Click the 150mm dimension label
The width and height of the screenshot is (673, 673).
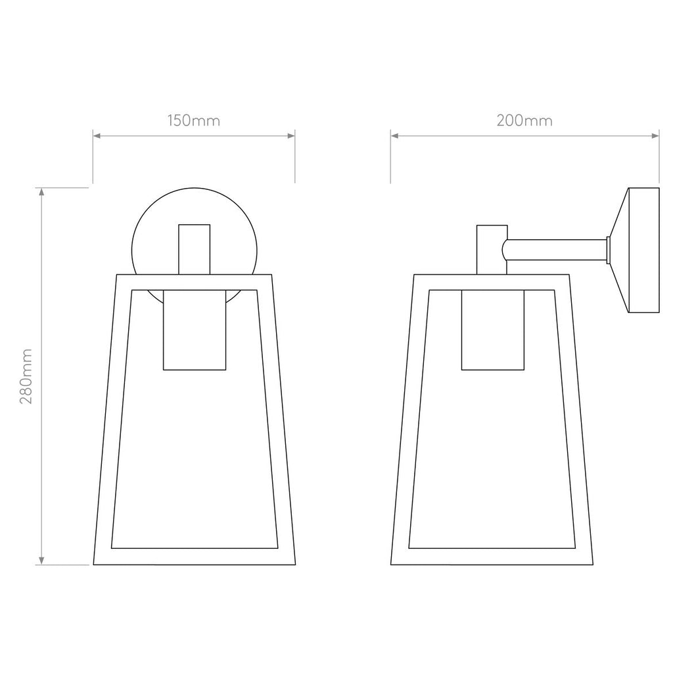coord(193,121)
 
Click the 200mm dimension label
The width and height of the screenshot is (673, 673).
coord(524,121)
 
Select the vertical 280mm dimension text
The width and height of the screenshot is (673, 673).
coord(27,376)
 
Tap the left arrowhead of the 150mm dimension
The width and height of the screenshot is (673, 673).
coord(97,136)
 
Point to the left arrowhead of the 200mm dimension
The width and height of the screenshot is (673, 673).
coord(395,136)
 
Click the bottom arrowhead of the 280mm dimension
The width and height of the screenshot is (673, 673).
coord(42,560)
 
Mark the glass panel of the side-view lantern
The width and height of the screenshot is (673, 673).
coord(493,460)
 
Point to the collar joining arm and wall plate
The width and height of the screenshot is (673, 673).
coord(609,250)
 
